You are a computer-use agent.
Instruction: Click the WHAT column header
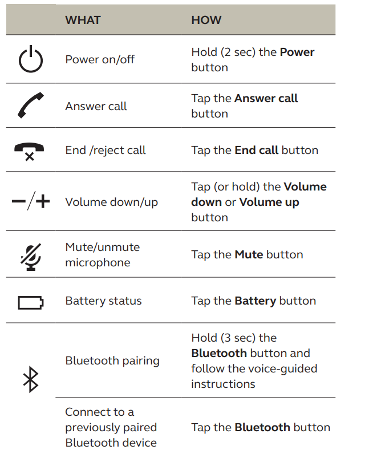[83, 20]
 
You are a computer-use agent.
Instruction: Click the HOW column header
[206, 20]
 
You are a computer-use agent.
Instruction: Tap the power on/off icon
[30, 60]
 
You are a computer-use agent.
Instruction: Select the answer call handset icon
[30, 106]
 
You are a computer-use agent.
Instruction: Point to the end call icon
[30, 151]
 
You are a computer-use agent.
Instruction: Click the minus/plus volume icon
[30, 202]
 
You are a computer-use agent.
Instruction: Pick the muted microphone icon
[30, 255]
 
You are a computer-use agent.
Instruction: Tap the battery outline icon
[30, 301]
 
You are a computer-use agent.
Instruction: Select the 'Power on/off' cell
[100, 59]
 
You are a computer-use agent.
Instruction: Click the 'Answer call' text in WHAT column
[96, 106]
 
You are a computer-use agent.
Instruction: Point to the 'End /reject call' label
[106, 150]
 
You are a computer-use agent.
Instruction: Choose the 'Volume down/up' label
[111, 202]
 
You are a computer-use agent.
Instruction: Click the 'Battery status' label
[103, 301]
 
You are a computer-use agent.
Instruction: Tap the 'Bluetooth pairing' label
[112, 360]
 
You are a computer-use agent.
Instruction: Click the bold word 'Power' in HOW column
[297, 52]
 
